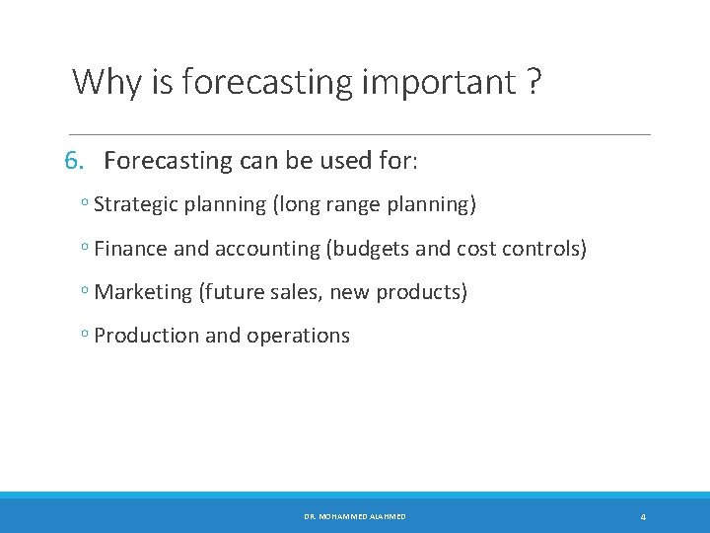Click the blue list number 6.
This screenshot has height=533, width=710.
[75, 160]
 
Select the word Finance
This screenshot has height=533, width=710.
[131, 249]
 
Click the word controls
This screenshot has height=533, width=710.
[546, 249]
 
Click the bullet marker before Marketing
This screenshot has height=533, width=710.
[86, 292]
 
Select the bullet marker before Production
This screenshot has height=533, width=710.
[86, 336]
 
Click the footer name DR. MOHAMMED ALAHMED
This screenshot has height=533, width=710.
[355, 516]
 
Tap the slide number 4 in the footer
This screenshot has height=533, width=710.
[643, 516]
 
